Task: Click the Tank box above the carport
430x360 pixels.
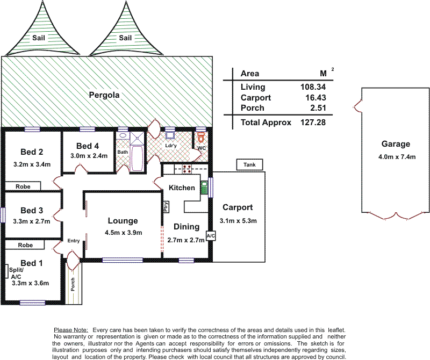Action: click(x=249, y=164)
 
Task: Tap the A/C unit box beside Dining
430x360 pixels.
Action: click(x=211, y=236)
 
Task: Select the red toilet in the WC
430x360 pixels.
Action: click(x=201, y=137)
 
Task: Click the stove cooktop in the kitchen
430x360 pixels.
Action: click(x=187, y=169)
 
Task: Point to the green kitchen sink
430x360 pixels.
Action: click(x=204, y=188)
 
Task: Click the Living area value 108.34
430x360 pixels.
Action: click(x=313, y=87)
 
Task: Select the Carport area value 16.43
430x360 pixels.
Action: click(x=316, y=98)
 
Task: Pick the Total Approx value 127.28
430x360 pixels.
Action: click(x=313, y=122)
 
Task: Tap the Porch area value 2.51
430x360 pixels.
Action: click(x=318, y=108)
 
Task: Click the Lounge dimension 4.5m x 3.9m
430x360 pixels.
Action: click(x=124, y=233)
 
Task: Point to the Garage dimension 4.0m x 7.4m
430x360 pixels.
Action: click(x=397, y=157)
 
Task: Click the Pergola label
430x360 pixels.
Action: click(x=104, y=95)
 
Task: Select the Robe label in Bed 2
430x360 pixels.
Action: click(x=23, y=186)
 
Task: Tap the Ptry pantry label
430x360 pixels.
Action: click(x=166, y=207)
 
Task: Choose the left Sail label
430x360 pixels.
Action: click(x=38, y=38)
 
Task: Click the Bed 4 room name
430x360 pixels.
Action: click(x=88, y=146)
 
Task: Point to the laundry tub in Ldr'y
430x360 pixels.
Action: click(x=170, y=135)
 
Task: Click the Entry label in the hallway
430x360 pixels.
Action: click(x=74, y=241)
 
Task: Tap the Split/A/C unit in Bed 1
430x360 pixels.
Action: click(x=7, y=271)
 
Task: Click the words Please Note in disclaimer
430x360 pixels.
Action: click(x=71, y=330)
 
